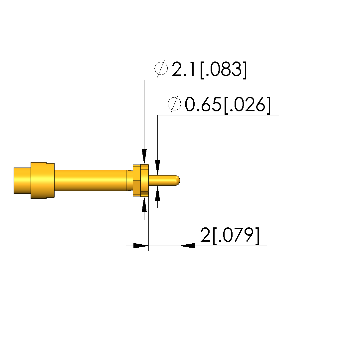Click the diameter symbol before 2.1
[x=161, y=68]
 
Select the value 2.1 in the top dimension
[x=184, y=69]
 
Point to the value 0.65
[x=203, y=104]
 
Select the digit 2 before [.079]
[x=205, y=235]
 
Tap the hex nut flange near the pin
[x=141, y=180]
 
